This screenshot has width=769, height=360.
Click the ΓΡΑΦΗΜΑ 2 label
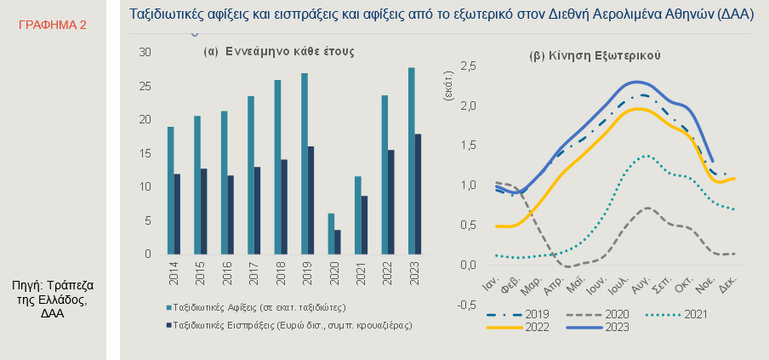coord(52,26)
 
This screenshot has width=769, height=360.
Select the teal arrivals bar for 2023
coord(412,161)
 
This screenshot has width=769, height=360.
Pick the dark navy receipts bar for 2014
coord(177,214)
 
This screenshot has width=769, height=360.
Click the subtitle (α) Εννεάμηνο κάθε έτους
coord(279,52)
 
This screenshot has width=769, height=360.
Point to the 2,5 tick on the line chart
coord(466,67)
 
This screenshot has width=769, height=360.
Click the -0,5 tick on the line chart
coord(465,305)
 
